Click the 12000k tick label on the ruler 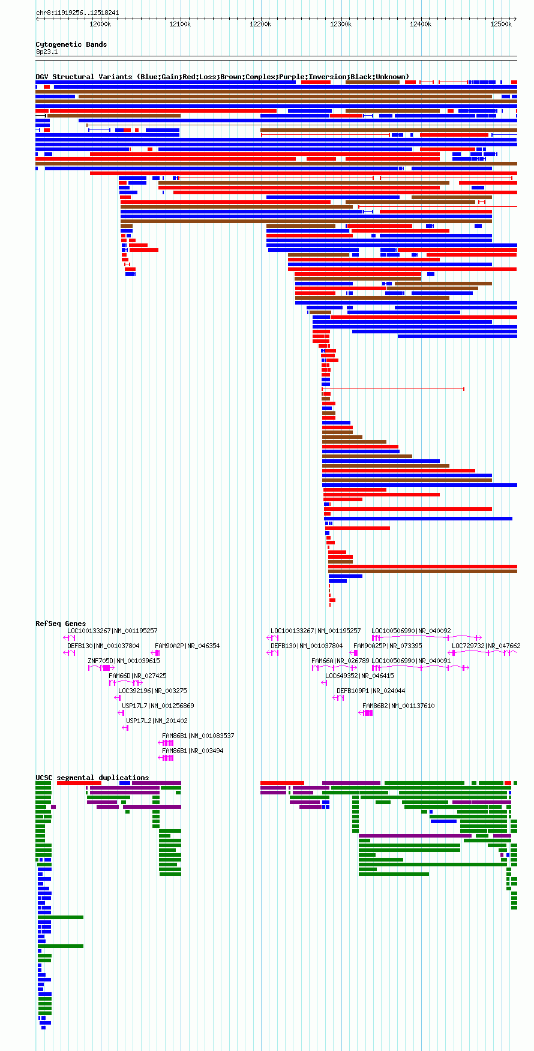100,24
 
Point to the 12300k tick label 341,24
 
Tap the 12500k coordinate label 501,24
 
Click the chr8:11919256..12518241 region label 77,13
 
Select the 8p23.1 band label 47,52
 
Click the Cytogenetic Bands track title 71,44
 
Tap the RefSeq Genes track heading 61,624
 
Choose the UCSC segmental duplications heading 92,778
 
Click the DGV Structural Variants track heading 223,77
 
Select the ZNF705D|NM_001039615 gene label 124,661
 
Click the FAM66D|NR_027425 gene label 137,676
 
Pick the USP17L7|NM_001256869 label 158,706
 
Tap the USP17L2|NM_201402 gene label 157,721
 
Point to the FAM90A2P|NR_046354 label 187,646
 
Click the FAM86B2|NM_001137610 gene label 398,706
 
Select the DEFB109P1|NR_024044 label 371,691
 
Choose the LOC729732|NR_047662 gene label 486,646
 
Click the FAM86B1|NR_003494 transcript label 193,751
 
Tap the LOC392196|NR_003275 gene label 152,691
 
